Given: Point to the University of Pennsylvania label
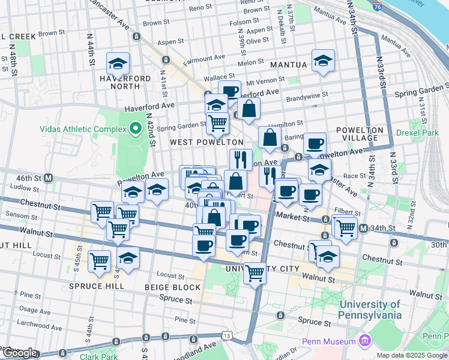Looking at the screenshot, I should [370, 310].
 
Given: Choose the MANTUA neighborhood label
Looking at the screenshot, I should [289, 64].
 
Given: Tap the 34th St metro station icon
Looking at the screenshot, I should [363, 228].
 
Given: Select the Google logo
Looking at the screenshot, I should [20, 353].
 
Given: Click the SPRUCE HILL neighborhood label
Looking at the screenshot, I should [96, 286].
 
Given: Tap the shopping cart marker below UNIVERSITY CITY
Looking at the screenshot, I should [255, 273].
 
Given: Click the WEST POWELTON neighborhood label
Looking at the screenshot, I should [206, 142].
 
